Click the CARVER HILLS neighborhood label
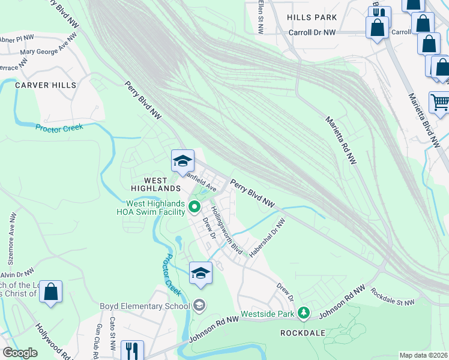coord(46,85)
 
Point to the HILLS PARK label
coord(312,18)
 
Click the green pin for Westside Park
coord(304,313)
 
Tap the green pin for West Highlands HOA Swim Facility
coord(194,208)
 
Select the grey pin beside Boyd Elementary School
coord(199,305)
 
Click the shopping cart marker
coord(440,103)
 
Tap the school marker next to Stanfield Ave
coord(182,161)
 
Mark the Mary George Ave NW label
coord(48,47)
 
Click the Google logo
coord(20,352)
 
